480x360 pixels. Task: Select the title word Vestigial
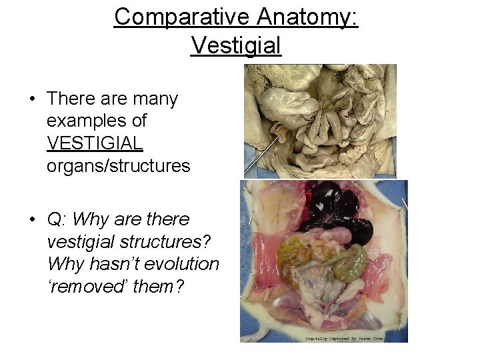click(x=236, y=45)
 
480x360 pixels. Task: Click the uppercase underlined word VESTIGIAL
click(x=95, y=143)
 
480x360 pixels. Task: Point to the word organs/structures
click(x=119, y=165)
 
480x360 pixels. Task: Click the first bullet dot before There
click(x=31, y=99)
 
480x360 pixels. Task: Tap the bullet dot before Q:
click(x=31, y=219)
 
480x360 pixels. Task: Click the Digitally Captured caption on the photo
click(x=349, y=337)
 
